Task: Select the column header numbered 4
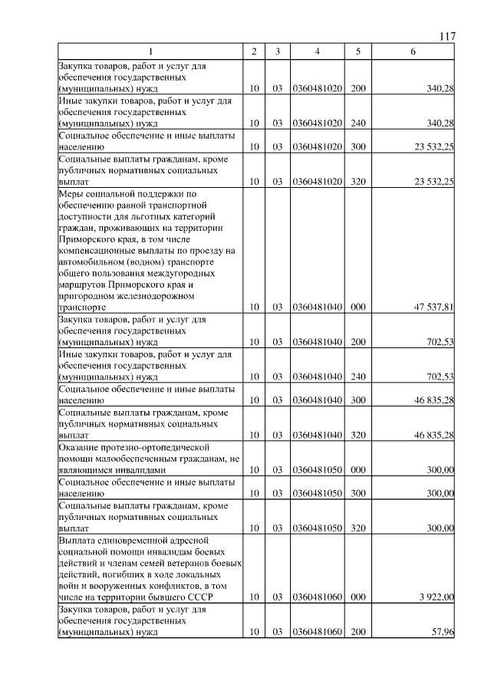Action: (317, 51)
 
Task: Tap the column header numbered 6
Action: (413, 51)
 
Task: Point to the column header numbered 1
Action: (150, 51)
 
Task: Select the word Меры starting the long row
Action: (71, 194)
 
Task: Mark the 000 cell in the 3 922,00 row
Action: (358, 597)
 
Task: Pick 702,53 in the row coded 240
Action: (439, 377)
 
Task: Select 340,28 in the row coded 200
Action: (439, 89)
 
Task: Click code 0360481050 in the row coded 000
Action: (317, 469)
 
